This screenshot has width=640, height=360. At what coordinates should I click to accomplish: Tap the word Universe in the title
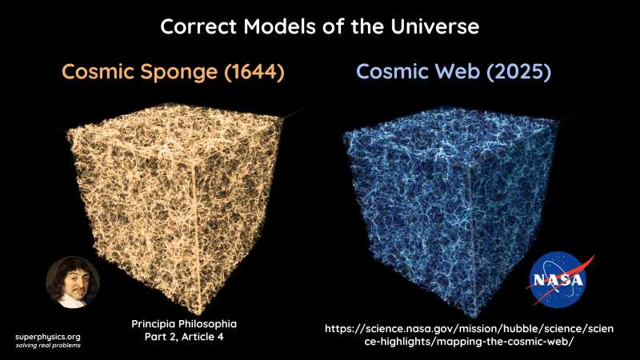point(431,26)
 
